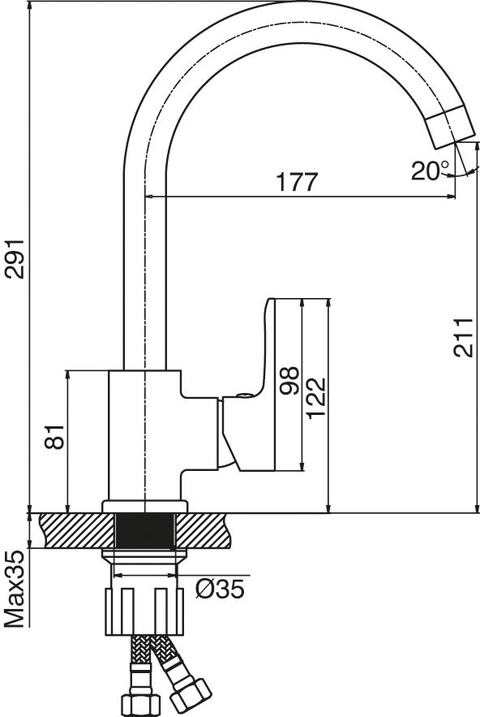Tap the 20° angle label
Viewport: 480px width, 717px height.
coord(429,171)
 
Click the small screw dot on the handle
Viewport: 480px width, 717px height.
coord(242,397)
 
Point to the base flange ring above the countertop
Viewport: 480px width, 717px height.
coord(144,507)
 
